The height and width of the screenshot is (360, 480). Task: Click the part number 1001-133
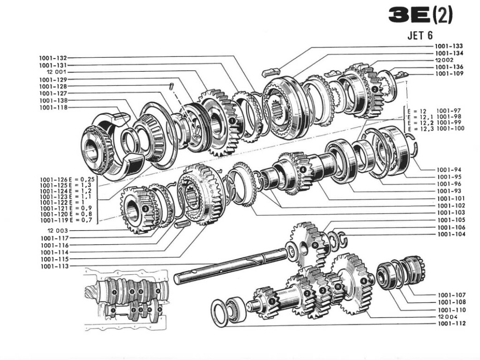449,46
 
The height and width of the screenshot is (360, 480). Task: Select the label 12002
444,60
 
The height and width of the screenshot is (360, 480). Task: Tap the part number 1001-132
53,58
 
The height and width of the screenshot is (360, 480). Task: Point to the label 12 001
56,72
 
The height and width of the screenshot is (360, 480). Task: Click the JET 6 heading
420,36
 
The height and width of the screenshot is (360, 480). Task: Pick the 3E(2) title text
420,15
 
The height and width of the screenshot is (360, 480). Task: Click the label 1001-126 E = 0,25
67,180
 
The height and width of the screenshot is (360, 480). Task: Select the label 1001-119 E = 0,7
66,220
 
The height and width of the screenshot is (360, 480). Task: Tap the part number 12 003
58,231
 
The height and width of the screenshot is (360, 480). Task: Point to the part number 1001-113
55,266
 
